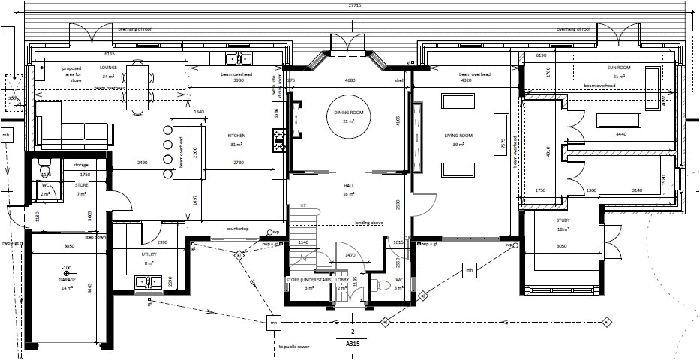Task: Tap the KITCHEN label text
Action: click(237, 136)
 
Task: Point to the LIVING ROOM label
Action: click(458, 136)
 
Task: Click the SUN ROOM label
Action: click(620, 67)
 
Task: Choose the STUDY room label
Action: click(563, 220)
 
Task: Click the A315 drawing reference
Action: click(352, 344)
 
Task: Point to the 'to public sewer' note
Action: click(294, 346)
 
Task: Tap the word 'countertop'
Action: click(236, 229)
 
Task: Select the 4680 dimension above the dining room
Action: click(349, 79)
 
